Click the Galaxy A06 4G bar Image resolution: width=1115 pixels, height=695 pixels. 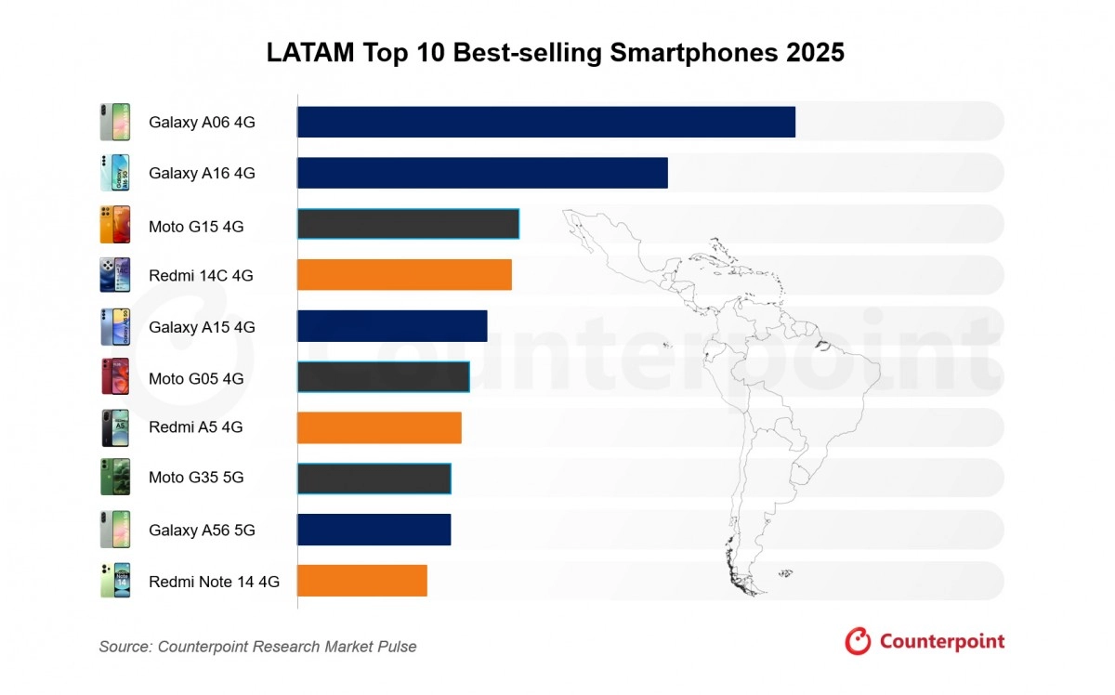(x=546, y=122)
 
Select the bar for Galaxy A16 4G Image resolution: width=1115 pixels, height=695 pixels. (x=482, y=173)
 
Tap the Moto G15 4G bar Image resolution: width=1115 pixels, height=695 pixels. (x=408, y=224)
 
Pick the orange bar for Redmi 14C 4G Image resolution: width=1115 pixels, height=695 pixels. (x=404, y=275)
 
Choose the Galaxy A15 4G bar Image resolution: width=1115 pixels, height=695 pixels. (x=392, y=326)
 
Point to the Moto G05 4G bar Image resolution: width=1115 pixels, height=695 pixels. (x=383, y=377)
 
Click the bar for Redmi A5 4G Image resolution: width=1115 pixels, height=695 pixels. (x=379, y=427)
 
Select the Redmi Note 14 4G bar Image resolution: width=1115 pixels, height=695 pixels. (x=361, y=580)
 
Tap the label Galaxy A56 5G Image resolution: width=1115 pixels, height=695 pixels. (x=202, y=531)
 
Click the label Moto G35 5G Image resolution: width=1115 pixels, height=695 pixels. (x=196, y=478)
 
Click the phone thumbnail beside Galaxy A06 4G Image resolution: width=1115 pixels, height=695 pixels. (x=115, y=122)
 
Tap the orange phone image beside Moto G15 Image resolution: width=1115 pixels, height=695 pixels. (x=115, y=225)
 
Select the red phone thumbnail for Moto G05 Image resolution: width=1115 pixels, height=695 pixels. (x=115, y=377)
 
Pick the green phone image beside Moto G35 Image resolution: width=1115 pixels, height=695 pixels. (x=115, y=478)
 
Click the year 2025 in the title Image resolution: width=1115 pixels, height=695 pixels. (x=815, y=53)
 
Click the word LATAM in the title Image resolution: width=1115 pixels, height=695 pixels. (x=308, y=53)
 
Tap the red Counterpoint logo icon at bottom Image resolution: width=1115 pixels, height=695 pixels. (x=858, y=641)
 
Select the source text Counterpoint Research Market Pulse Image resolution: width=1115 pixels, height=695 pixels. (x=287, y=647)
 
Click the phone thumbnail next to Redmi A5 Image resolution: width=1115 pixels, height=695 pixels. (x=115, y=427)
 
